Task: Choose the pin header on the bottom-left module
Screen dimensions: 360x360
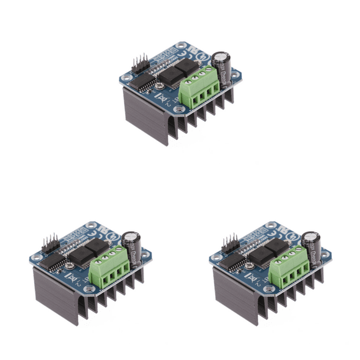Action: (49, 242)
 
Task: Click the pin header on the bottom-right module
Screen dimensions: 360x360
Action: (228, 242)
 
